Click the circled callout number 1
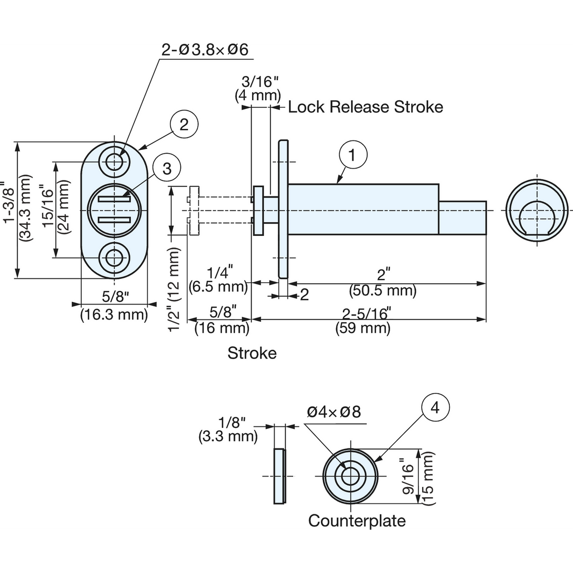[353, 155]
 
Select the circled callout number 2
[184, 124]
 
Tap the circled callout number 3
[167, 168]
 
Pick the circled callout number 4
[435, 407]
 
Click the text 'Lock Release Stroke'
[365, 107]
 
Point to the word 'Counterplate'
[357, 520]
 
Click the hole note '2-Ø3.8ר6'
[204, 50]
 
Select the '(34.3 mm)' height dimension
[25, 208]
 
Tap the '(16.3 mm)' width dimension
[114, 314]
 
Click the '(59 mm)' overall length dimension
[363, 329]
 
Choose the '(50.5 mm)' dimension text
[382, 290]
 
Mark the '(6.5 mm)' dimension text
[218, 287]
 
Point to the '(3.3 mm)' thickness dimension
[228, 436]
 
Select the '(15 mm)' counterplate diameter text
[428, 478]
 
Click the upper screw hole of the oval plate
[115, 162]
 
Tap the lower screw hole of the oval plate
[115, 258]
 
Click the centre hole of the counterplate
[350, 477]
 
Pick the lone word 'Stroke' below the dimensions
[252, 353]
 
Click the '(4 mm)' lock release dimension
[258, 95]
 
